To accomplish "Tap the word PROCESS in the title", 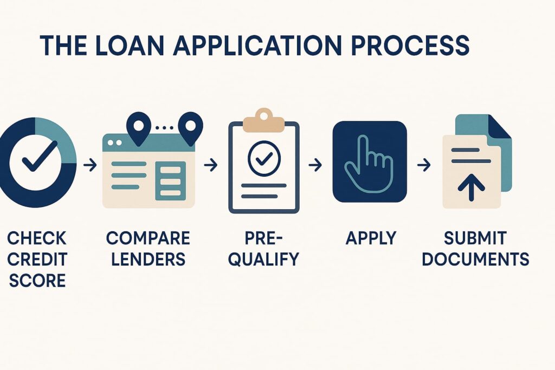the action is click(410, 46).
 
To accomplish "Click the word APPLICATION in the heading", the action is click(257, 46).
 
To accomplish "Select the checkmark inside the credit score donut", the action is click(40, 156).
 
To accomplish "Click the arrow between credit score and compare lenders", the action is click(90, 165).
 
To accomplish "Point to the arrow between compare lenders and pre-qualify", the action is click(211, 165).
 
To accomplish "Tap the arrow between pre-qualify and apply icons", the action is click(315, 165).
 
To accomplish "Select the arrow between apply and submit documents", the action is click(424, 165).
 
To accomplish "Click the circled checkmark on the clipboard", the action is click(264, 158).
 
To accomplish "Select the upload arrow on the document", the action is click(471, 187).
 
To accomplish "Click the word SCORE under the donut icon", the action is click(37, 281).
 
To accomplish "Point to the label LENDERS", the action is click(149, 259).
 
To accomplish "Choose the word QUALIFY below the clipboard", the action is click(264, 259).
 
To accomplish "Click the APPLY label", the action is click(371, 238).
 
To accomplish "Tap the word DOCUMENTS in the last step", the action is click(475, 259).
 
